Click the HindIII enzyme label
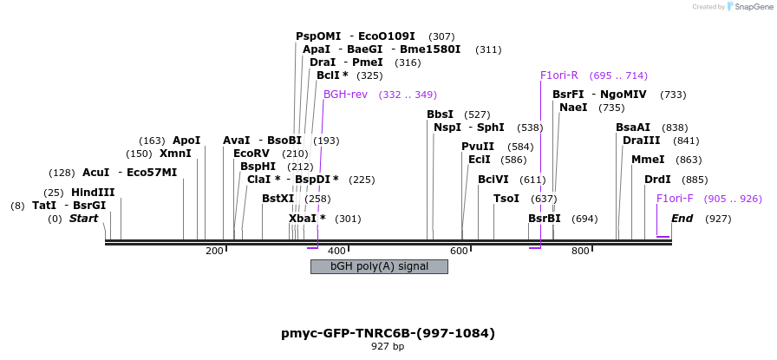click(92, 193)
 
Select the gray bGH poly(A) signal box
click(379, 266)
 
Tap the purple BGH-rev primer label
click(345, 95)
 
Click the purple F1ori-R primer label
click(558, 75)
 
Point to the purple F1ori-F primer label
click(675, 199)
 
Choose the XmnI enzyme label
click(175, 154)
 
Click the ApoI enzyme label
click(186, 141)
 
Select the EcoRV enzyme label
click(252, 154)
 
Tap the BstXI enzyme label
click(278, 199)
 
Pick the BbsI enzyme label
click(440, 115)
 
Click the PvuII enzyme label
click(478, 147)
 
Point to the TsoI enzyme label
click(506, 199)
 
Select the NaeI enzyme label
click(573, 108)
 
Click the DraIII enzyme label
click(642, 141)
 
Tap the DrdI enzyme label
click(657, 180)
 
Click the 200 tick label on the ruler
click(214, 251)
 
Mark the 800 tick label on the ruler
click(580, 251)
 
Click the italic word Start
click(83, 219)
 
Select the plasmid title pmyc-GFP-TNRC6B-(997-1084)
click(388, 332)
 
